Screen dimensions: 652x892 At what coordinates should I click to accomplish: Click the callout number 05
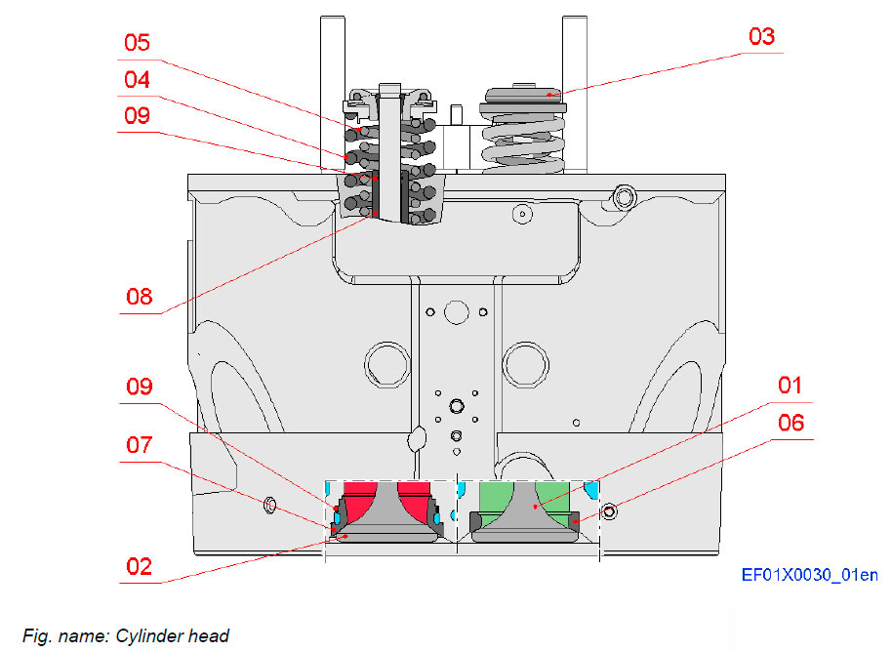tap(137, 43)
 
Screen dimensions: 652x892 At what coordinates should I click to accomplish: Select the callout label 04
tap(137, 80)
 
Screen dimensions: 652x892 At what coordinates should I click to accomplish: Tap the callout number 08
tap(139, 297)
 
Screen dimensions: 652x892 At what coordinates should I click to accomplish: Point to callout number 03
tap(761, 37)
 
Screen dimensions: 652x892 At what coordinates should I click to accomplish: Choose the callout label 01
tap(789, 386)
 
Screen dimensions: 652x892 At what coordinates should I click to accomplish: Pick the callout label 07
tap(139, 445)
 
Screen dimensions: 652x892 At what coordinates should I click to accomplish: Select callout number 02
tap(139, 566)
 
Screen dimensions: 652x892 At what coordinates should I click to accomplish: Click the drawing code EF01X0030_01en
tap(809, 575)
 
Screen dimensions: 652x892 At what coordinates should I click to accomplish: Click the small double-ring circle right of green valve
tap(611, 510)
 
